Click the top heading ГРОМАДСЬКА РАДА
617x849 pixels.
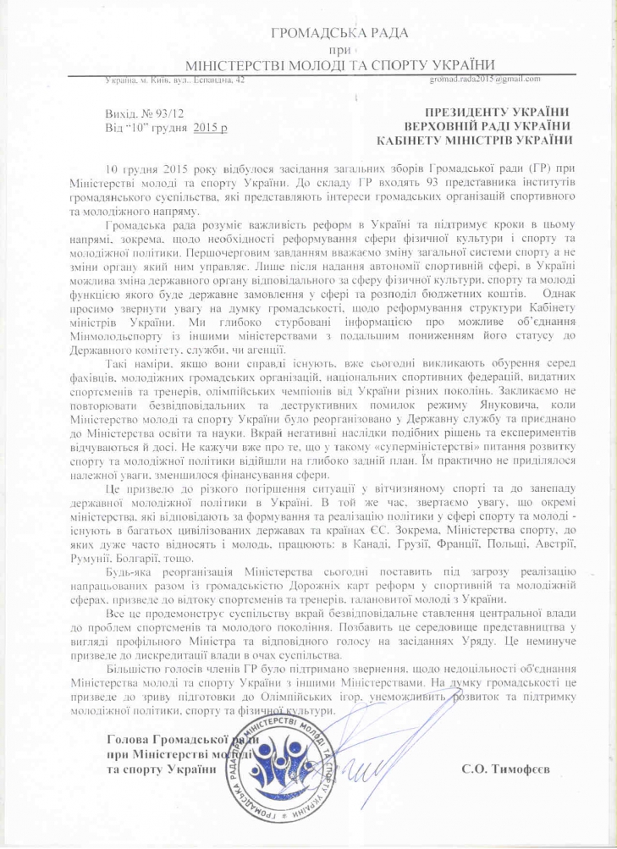tap(338, 33)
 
